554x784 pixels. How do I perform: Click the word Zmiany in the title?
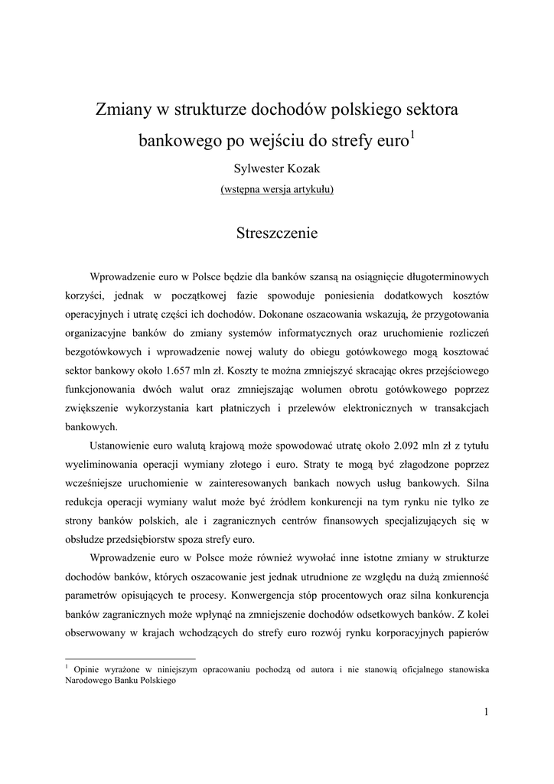122,110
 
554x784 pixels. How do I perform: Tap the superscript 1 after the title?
413,136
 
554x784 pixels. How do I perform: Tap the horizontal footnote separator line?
130,658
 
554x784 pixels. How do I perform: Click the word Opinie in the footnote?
87,669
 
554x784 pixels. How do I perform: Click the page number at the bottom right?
486,712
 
